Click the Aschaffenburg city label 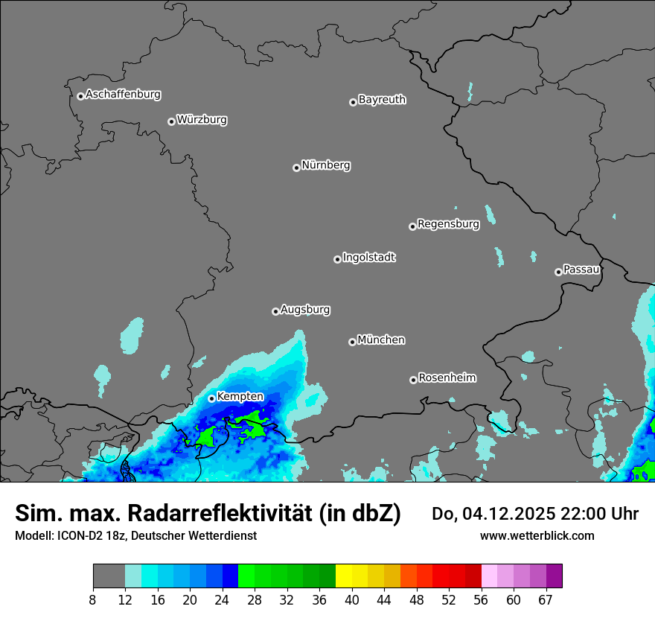click(x=123, y=95)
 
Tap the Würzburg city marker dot click(x=171, y=121)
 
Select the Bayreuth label click(x=382, y=100)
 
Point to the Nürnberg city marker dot click(x=296, y=168)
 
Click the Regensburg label click(x=448, y=223)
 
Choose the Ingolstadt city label click(x=368, y=258)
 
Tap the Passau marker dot click(x=558, y=272)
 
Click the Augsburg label click(x=305, y=310)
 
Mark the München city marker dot click(x=352, y=343)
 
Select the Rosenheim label click(x=447, y=378)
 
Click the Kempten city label click(x=240, y=397)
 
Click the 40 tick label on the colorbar click(x=352, y=600)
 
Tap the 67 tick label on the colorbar click(x=546, y=600)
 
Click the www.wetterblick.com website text click(x=537, y=535)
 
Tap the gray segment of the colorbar click(x=109, y=576)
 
